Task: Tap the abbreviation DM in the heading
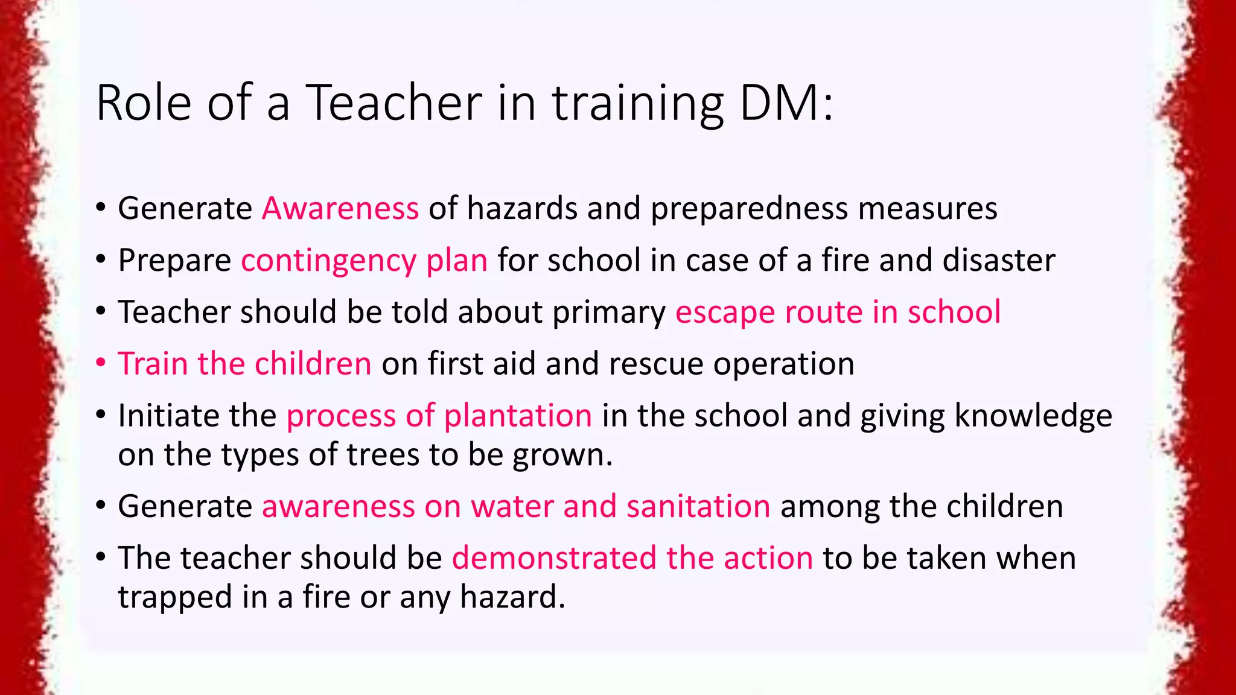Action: click(779, 103)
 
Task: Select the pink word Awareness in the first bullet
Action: click(340, 209)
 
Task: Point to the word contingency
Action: click(328, 261)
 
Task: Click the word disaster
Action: click(999, 261)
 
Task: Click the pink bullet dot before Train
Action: click(101, 363)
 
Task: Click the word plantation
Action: click(518, 416)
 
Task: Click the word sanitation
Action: click(698, 506)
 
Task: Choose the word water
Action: click(512, 506)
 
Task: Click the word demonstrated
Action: click(554, 558)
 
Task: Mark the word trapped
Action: click(175, 598)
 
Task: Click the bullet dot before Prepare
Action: click(101, 260)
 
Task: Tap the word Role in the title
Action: click(144, 103)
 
